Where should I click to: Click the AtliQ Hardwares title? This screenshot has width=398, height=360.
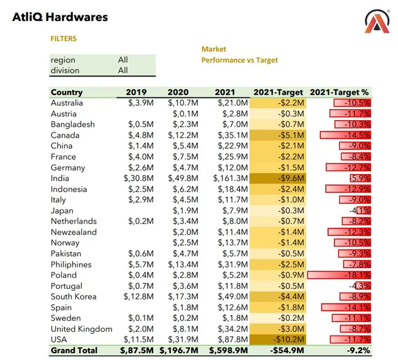pos(60,17)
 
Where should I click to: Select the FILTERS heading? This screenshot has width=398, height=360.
pos(64,39)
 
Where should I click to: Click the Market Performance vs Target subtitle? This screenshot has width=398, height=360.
pos(239,54)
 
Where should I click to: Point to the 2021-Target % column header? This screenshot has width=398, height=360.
pos(340,92)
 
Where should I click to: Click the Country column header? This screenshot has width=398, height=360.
pos(67,92)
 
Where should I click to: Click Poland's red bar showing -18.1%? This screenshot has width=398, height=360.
pos(339,275)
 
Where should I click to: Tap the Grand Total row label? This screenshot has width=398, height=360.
pos(74,351)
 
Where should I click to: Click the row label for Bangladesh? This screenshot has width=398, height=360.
pos(73,124)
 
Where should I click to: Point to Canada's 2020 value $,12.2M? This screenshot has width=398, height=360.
pos(182,135)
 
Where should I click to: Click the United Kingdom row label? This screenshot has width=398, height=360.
pos(81,329)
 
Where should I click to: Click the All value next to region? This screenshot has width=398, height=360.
pos(123,60)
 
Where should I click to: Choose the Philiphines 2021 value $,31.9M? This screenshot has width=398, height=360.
pos(233,264)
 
